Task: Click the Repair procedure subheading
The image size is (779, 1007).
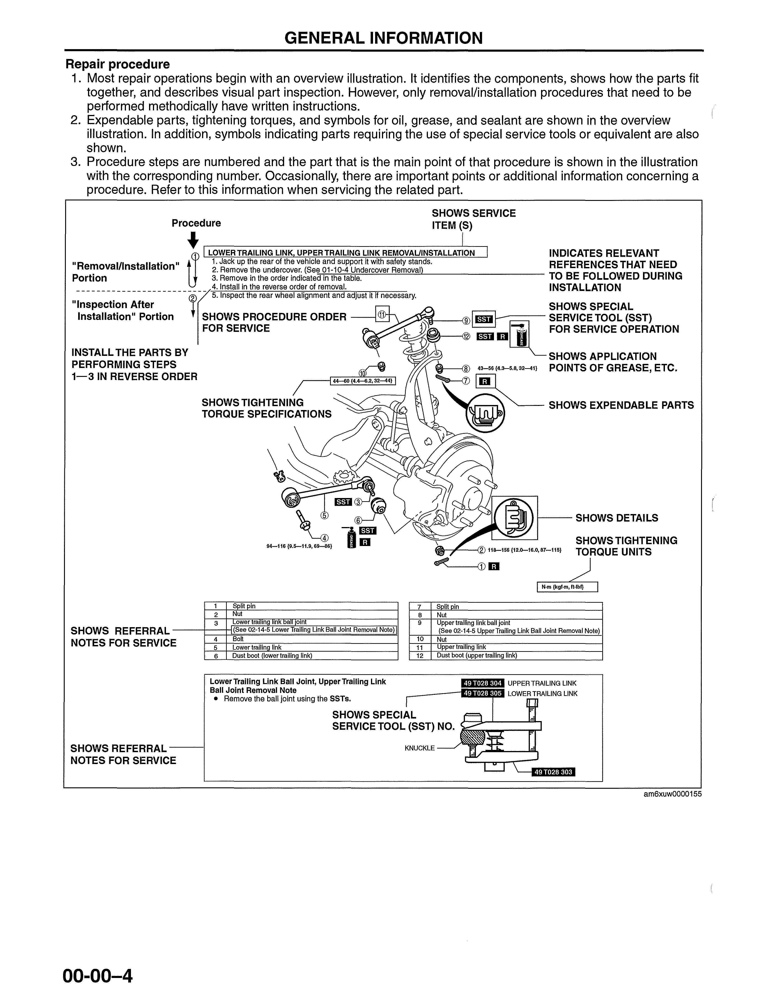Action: (118, 64)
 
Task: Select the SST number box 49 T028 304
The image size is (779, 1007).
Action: (483, 683)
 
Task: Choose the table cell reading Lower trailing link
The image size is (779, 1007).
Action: (257, 647)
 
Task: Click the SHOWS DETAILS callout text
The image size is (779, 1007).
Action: (617, 518)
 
